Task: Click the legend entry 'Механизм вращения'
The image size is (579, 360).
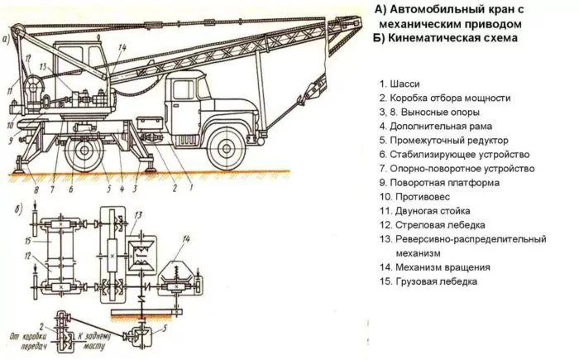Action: tap(434, 267)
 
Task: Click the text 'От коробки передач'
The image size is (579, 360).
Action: tap(29, 345)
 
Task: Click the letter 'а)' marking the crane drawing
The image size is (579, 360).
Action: tap(7, 37)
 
